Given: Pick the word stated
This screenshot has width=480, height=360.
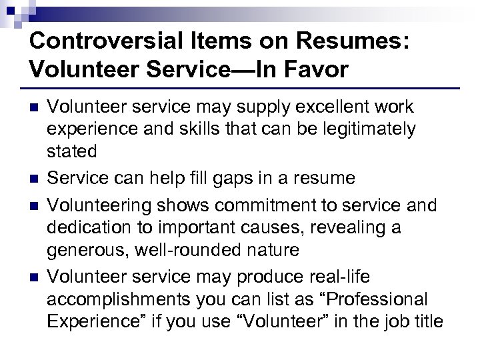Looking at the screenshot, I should coord(72,151).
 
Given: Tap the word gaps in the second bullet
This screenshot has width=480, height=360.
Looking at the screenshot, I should coord(234,179).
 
